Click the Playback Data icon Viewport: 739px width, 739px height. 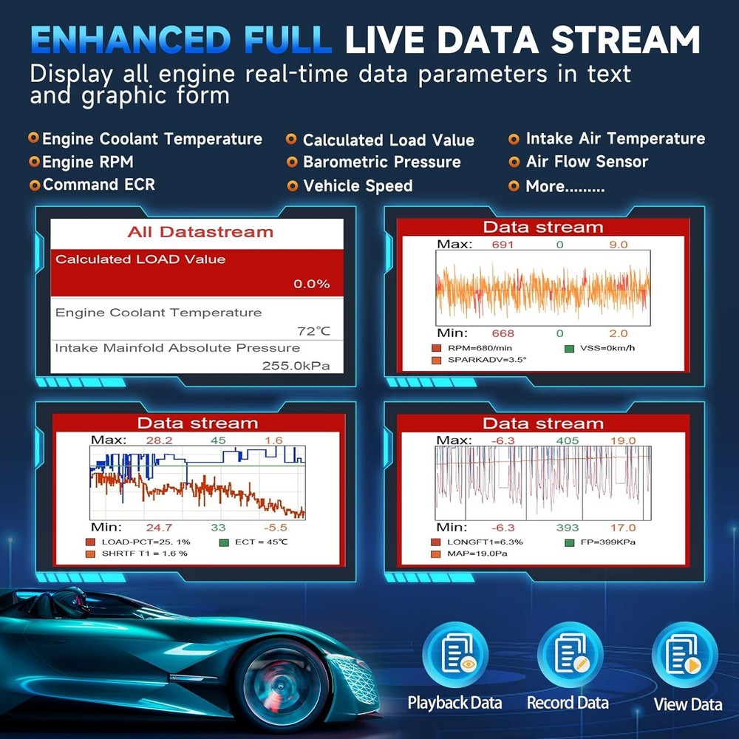454,654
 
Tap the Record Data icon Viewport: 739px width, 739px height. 570,654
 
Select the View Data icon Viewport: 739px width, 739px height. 685,654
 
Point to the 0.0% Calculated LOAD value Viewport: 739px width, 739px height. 312,284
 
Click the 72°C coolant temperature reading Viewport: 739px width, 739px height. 314,331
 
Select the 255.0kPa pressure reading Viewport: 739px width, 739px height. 296,366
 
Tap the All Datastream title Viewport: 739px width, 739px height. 200,232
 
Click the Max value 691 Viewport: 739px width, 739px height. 503,245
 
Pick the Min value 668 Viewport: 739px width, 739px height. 503,333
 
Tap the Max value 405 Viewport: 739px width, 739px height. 568,440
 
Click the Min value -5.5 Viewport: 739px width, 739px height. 275,528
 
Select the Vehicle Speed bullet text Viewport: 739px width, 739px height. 358,185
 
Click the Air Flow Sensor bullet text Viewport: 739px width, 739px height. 587,162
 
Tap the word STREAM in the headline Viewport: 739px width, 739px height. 625,40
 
